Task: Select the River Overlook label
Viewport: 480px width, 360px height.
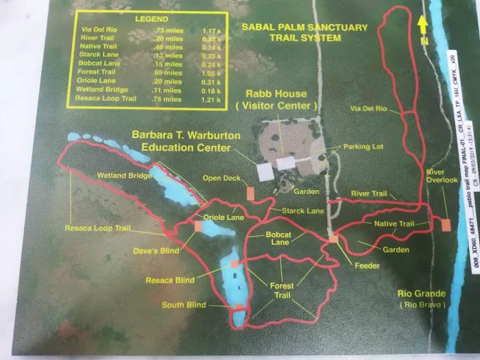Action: (x=441, y=176)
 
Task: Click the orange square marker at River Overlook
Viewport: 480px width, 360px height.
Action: (x=446, y=224)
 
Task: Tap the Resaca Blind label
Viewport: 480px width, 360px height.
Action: (x=169, y=280)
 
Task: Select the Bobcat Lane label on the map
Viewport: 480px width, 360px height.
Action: (x=278, y=239)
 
